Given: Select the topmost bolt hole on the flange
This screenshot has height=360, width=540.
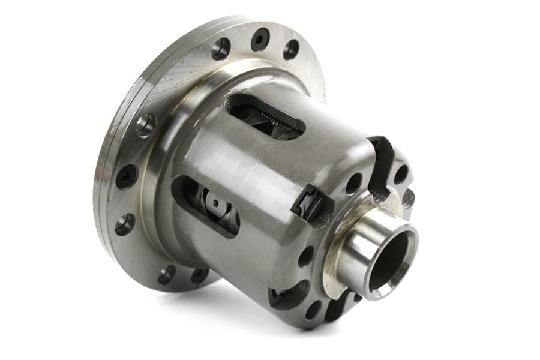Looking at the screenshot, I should coord(259,39).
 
